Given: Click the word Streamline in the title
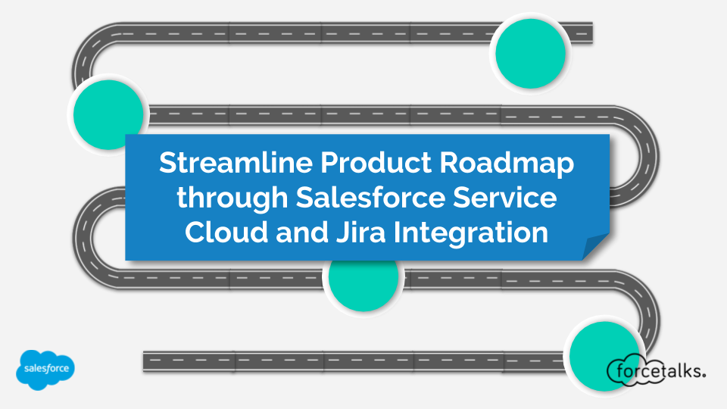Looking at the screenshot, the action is (235, 163).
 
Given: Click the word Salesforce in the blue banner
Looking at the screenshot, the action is (370, 197).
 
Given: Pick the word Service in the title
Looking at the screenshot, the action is (504, 197).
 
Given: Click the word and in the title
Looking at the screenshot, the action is (302, 232).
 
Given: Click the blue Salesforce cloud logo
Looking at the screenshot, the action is (45, 370).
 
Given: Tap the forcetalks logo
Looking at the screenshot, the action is (656, 370).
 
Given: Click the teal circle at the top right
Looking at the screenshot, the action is (530, 54).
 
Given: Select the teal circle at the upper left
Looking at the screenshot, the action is (108, 115).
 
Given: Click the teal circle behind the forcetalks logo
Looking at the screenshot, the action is (604, 356).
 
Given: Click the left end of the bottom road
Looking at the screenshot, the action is (144, 362).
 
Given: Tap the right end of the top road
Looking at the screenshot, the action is (592, 33).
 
